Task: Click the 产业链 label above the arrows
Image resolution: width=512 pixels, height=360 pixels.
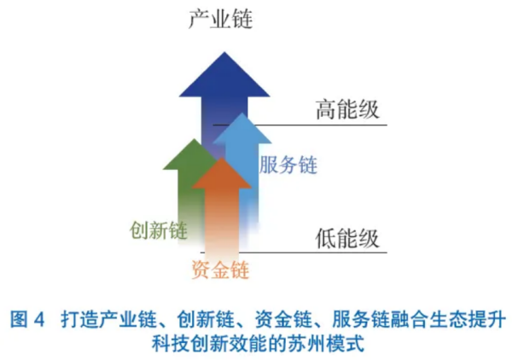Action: (x=221, y=19)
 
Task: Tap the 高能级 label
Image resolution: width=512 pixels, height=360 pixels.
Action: (x=347, y=109)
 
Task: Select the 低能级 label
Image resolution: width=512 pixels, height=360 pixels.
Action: (x=347, y=238)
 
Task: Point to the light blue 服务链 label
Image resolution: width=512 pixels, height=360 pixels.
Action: (x=288, y=165)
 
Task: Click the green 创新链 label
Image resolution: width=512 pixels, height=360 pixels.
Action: (x=159, y=230)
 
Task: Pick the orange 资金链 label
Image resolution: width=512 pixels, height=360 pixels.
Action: (x=220, y=270)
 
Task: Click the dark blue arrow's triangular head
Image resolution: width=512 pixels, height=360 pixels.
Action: (x=224, y=74)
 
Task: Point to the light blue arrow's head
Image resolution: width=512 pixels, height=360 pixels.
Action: (x=242, y=128)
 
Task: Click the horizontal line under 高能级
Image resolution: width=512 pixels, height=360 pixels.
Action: (x=300, y=125)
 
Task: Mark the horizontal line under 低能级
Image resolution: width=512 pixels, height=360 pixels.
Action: (x=294, y=253)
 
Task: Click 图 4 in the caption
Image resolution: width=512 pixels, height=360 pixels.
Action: (x=27, y=319)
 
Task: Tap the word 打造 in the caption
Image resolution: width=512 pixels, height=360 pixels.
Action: (x=79, y=319)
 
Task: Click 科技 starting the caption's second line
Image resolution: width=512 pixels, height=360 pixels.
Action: (x=171, y=343)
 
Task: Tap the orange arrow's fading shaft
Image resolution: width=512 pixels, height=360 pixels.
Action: (x=222, y=222)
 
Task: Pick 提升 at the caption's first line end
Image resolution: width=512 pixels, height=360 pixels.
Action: (x=487, y=319)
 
